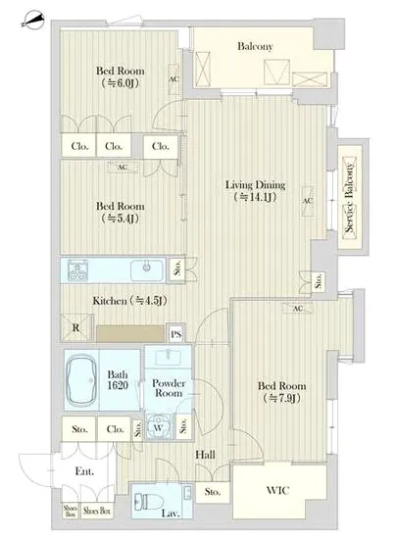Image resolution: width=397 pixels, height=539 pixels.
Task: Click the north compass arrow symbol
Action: [x=32, y=21]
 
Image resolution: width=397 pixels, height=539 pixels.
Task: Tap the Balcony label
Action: [x=255, y=46]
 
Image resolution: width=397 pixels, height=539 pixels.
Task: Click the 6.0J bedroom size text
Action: [x=121, y=83]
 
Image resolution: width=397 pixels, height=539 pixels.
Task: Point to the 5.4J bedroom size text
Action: [x=121, y=219]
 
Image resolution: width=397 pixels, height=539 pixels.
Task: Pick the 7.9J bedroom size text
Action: [x=281, y=398]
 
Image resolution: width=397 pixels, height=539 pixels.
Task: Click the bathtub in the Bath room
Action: [x=81, y=380]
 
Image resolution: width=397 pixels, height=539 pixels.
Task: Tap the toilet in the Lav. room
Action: [x=145, y=502]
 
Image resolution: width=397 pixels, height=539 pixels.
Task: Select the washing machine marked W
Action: [x=159, y=426]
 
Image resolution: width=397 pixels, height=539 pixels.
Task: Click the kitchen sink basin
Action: [x=147, y=269]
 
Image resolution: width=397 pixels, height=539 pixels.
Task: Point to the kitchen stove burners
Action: [x=77, y=270]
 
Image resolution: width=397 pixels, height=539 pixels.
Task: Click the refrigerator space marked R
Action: [x=76, y=328]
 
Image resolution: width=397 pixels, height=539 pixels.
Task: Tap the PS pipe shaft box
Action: [x=176, y=333]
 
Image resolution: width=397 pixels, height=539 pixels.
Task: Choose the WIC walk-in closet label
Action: [x=277, y=490]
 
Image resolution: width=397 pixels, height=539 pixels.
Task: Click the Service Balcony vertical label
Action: [x=350, y=198]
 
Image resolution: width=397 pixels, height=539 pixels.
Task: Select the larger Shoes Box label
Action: [x=97, y=512]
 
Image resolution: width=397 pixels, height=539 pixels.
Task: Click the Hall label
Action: [x=205, y=455]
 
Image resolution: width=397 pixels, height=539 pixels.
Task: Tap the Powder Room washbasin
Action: [x=168, y=357]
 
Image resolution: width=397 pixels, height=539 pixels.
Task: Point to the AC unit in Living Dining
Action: [x=308, y=201]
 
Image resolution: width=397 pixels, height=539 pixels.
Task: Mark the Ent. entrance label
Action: [x=84, y=471]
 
